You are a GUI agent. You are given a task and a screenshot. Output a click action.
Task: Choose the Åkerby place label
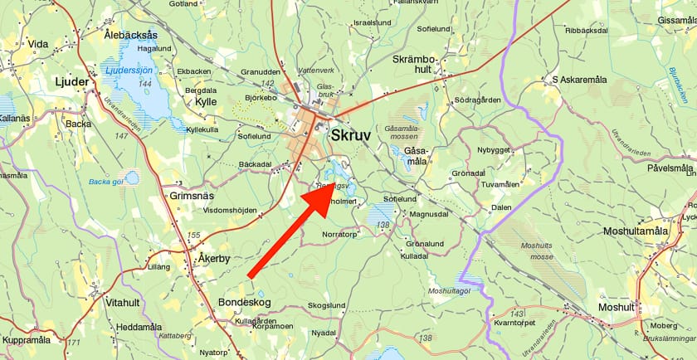click(x=213, y=258)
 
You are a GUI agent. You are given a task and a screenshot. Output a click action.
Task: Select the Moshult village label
click(x=615, y=308)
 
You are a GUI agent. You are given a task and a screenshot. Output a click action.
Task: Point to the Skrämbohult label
click(x=413, y=64)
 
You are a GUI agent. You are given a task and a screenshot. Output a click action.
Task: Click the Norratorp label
click(x=340, y=234)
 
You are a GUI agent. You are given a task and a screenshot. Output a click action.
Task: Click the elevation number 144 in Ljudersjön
click(x=145, y=84)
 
